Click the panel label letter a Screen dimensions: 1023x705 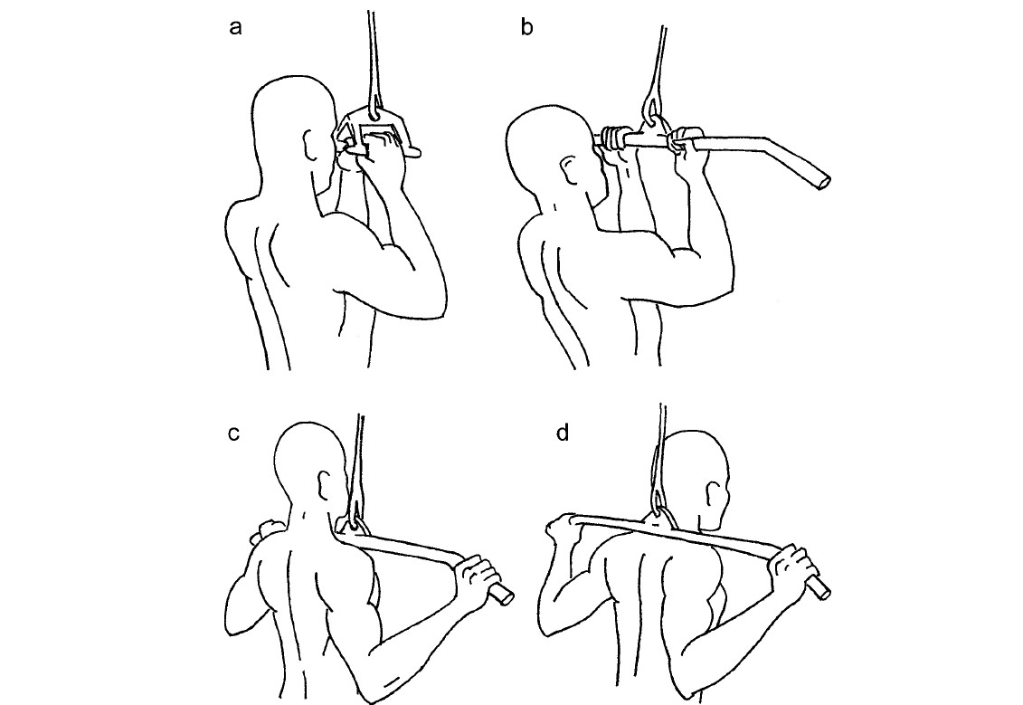(x=235, y=28)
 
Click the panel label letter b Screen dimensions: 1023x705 (x=527, y=27)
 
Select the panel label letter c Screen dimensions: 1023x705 (x=234, y=433)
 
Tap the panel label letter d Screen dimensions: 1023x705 (x=563, y=432)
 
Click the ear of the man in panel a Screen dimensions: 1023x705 (x=310, y=144)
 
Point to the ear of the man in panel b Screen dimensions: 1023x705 (x=568, y=172)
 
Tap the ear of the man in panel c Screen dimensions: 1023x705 (x=324, y=486)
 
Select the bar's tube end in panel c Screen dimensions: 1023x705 (x=504, y=595)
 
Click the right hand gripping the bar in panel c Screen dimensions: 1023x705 (x=479, y=575)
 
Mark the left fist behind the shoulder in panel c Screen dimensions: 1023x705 (x=266, y=531)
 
